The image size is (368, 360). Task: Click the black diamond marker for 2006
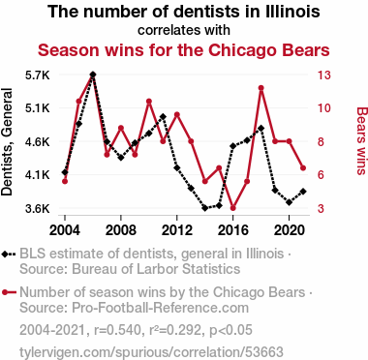(x=93, y=75)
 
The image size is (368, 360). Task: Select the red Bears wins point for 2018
(x=261, y=88)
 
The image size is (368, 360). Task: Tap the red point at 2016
(x=233, y=208)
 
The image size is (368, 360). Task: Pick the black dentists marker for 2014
(x=205, y=208)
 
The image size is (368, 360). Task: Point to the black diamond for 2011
(x=163, y=116)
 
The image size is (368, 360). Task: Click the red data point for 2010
(x=149, y=102)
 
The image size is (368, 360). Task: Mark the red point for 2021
(x=303, y=167)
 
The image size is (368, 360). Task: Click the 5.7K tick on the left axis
(x=38, y=75)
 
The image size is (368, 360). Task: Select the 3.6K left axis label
(x=38, y=209)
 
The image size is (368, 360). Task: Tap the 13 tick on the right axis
(x=323, y=75)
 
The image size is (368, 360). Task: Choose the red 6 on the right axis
(x=321, y=175)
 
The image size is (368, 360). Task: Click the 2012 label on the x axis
(x=176, y=230)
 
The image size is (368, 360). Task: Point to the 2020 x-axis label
(x=289, y=230)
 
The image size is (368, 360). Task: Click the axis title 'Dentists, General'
(x=7, y=142)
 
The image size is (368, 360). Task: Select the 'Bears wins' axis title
(x=362, y=141)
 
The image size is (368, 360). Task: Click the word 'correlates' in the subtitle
(x=162, y=30)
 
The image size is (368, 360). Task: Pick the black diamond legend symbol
(x=9, y=255)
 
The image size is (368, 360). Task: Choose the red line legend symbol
(x=9, y=292)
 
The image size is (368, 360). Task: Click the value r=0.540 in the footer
(x=117, y=330)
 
